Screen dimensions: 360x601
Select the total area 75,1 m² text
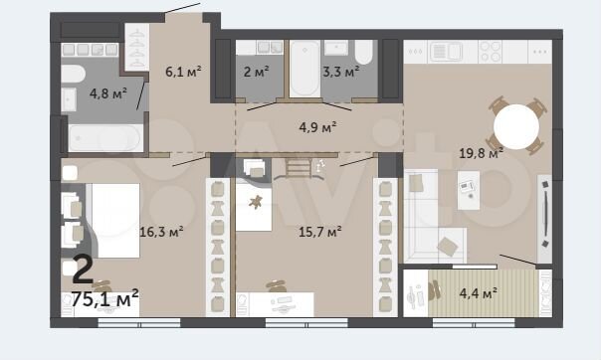coord(104,296)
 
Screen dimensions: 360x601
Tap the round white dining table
coord(517,126)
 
